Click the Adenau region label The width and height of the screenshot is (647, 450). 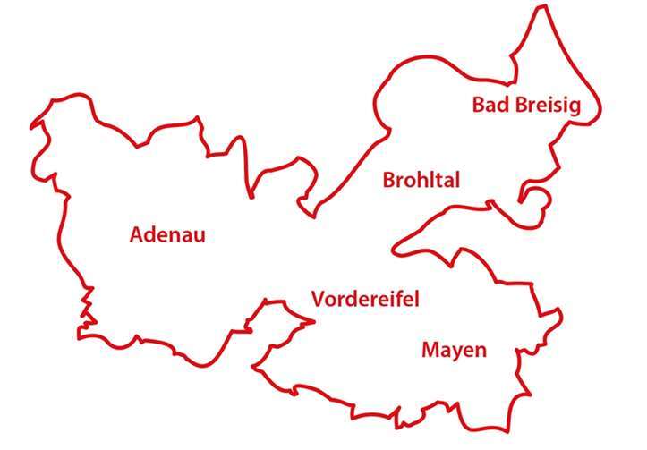(167, 234)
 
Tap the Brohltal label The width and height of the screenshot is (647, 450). (421, 180)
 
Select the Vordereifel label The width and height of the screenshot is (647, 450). (365, 299)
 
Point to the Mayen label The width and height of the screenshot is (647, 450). (454, 350)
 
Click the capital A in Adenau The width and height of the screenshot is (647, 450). (137, 234)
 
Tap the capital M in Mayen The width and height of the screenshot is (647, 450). (430, 349)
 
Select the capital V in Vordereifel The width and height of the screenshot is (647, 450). (318, 299)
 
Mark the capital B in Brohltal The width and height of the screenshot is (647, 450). (389, 180)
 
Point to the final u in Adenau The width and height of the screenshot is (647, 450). (200, 236)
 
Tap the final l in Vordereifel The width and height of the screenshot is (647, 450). (416, 298)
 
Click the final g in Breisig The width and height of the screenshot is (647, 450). (575, 108)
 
